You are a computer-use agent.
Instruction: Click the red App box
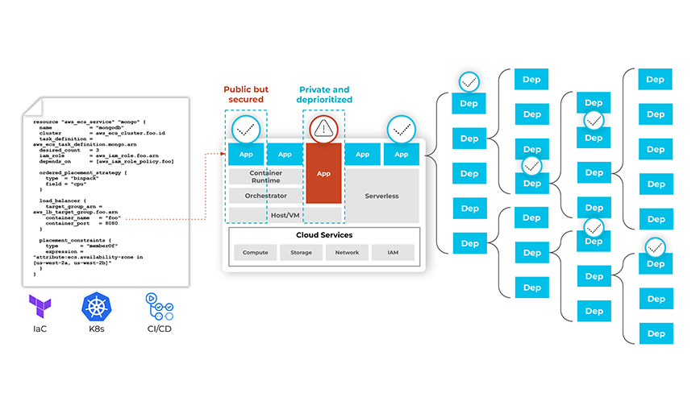(323, 172)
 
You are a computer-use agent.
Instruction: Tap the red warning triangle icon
(323, 126)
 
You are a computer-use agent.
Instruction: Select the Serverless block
(381, 196)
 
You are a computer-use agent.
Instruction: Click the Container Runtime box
(265, 176)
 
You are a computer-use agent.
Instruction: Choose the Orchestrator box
(265, 196)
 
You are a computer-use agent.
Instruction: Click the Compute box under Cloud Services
(256, 253)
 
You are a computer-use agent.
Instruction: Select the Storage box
(301, 253)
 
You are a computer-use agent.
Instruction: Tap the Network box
(347, 253)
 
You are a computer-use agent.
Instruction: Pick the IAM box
(393, 253)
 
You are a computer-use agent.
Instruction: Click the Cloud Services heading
(324, 235)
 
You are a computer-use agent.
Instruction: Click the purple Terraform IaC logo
(40, 307)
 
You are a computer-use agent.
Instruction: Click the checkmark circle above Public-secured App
(245, 127)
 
